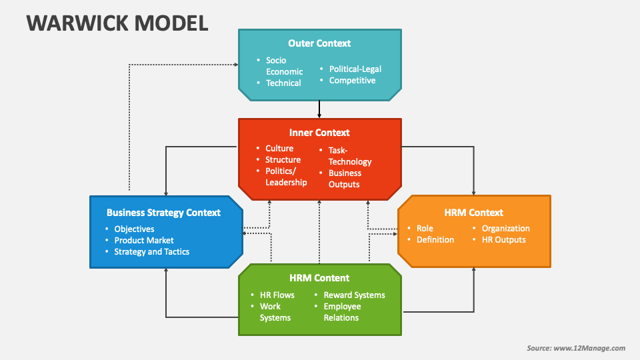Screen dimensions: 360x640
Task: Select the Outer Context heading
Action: (x=319, y=43)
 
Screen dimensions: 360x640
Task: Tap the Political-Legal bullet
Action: (x=355, y=69)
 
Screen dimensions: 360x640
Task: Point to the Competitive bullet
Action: (x=352, y=81)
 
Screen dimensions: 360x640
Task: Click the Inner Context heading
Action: (x=319, y=133)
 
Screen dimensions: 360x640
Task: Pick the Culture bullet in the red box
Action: (x=279, y=149)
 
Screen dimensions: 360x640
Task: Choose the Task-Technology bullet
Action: (x=349, y=156)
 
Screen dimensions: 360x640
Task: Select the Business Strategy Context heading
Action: (x=163, y=213)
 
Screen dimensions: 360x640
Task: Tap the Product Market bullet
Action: (x=144, y=240)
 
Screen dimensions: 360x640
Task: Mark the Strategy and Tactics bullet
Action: (x=152, y=252)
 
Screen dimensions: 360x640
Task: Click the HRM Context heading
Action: (x=473, y=213)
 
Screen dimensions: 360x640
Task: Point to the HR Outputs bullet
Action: (x=504, y=240)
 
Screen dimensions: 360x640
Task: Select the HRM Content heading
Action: (x=319, y=278)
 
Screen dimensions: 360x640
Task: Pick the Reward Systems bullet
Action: (x=354, y=295)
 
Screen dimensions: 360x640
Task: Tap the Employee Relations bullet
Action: (x=342, y=312)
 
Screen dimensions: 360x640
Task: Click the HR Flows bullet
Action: (x=277, y=295)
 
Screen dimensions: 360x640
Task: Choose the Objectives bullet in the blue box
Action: (x=134, y=229)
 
